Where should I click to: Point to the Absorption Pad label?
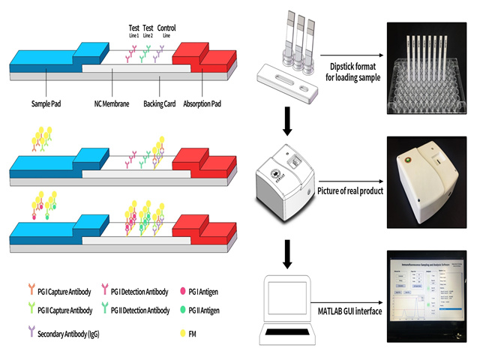click(x=207, y=103)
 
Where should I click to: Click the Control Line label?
click(x=167, y=31)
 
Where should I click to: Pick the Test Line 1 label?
click(x=133, y=31)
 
